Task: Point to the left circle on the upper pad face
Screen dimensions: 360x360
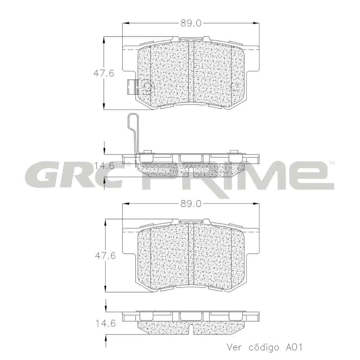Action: tap(147, 86)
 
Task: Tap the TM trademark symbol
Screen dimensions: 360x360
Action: tap(332, 163)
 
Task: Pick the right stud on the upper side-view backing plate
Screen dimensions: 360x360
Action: tap(232, 153)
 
